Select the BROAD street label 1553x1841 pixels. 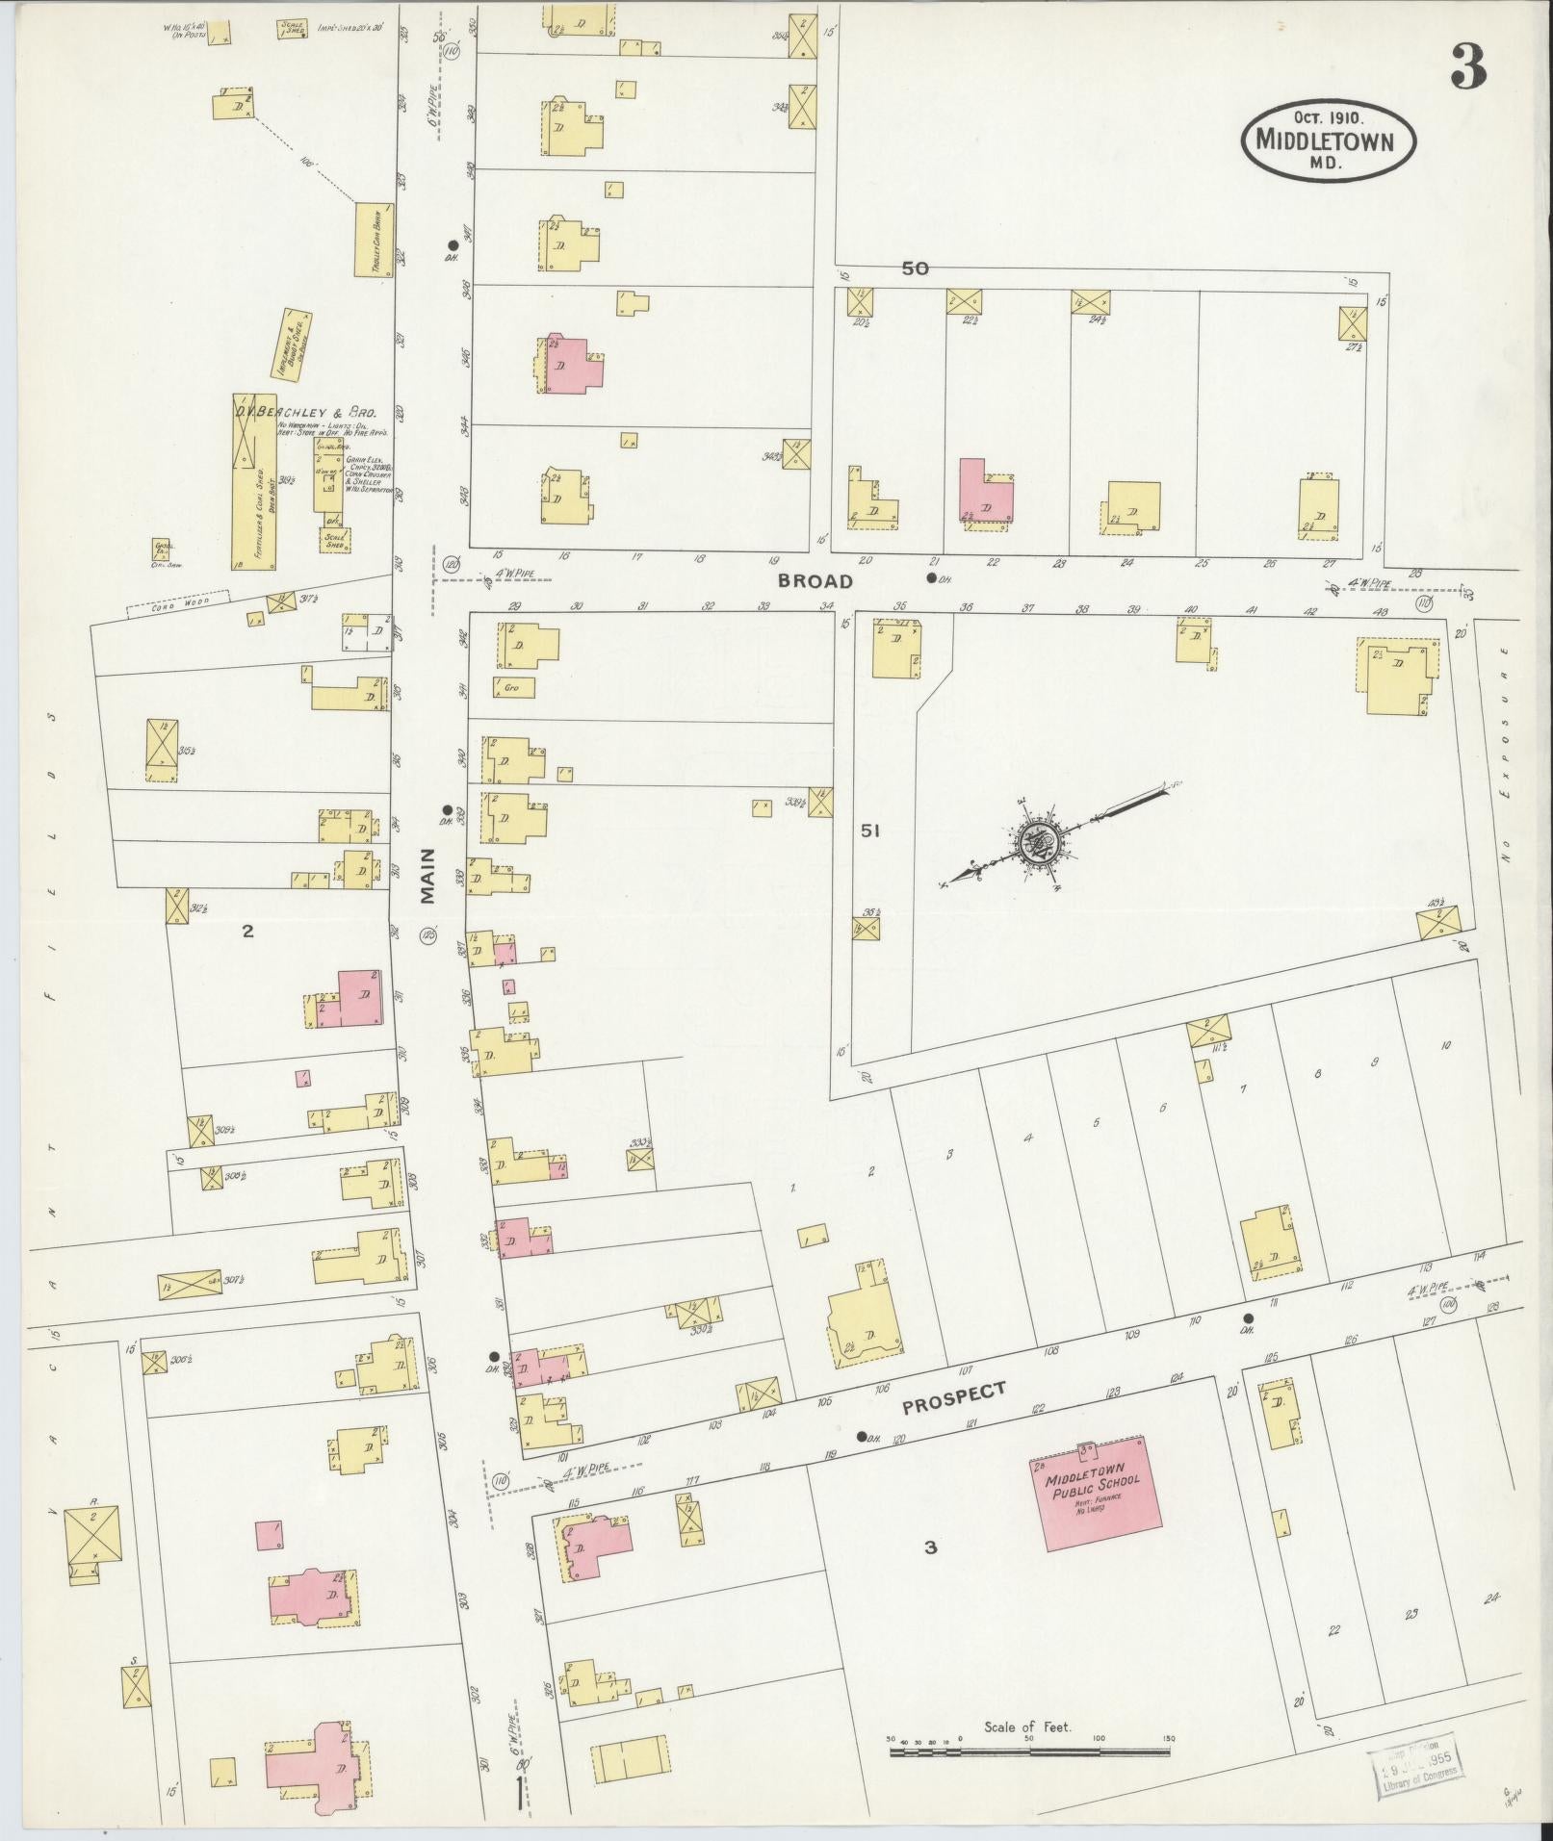tap(815, 581)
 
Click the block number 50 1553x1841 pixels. tap(915, 268)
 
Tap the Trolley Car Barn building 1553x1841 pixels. tap(374, 240)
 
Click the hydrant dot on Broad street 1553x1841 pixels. tap(930, 577)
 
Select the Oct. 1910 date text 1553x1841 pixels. tap(1327, 116)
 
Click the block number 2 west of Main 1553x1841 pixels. tap(247, 931)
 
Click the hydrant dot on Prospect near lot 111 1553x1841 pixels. tap(1249, 1318)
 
